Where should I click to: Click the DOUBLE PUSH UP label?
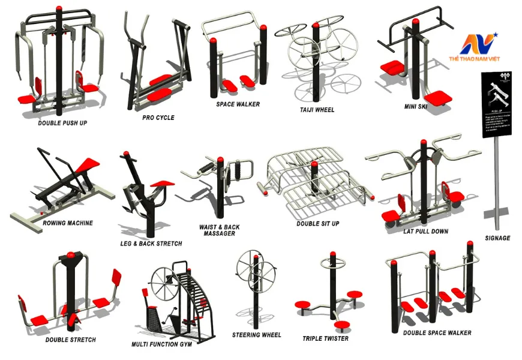click(x=63, y=122)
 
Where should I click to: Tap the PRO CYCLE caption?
click(x=158, y=118)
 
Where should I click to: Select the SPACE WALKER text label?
click(x=238, y=104)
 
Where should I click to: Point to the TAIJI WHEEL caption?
click(x=317, y=110)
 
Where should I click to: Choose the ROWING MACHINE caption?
click(x=68, y=223)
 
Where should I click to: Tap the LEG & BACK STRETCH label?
click(x=151, y=244)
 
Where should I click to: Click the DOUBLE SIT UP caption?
click(x=317, y=223)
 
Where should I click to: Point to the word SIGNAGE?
click(x=497, y=238)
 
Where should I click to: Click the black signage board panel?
click(x=497, y=105)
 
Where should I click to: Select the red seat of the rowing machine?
click(x=88, y=163)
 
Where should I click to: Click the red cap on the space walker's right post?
click(x=263, y=28)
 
